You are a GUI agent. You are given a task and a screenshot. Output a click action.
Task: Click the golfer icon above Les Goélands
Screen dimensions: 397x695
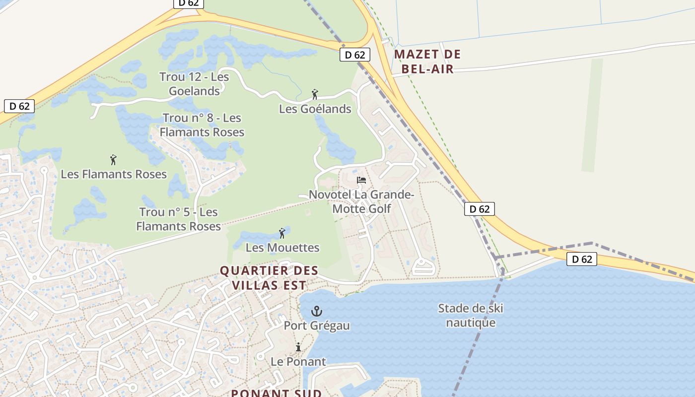click(314, 94)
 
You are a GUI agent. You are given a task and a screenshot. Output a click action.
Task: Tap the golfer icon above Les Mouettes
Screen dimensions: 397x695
click(282, 233)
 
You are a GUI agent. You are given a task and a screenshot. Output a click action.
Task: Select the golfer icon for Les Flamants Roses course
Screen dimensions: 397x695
click(113, 160)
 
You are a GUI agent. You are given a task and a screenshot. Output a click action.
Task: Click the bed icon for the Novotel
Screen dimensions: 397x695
click(361, 180)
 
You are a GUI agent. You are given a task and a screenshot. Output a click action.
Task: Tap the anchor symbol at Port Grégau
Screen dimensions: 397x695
click(316, 312)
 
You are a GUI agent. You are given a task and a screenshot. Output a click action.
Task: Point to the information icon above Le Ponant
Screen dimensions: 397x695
click(298, 347)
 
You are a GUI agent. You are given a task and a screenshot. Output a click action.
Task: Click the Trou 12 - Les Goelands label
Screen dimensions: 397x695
click(194, 84)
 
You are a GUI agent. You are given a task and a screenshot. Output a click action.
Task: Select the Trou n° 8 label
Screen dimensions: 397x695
click(202, 125)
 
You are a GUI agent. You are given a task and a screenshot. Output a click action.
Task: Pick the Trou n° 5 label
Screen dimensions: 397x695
click(178, 219)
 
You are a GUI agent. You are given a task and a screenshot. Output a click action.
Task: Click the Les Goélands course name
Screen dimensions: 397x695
click(315, 109)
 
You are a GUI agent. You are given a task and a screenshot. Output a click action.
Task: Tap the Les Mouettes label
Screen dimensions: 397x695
click(282, 247)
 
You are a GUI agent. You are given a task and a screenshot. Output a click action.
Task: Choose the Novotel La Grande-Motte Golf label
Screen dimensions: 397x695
click(361, 201)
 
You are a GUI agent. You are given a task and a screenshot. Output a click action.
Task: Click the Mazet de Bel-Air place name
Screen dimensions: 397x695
click(427, 62)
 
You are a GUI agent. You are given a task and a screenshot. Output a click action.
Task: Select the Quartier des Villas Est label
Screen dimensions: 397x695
click(269, 278)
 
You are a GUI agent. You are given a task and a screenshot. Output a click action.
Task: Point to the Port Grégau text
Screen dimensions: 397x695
click(317, 326)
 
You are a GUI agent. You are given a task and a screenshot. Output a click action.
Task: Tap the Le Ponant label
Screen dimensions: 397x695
click(298, 362)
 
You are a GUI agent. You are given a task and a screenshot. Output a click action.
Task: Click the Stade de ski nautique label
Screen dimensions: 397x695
click(471, 316)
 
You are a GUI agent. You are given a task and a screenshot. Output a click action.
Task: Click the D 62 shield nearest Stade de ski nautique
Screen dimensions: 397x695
click(581, 259)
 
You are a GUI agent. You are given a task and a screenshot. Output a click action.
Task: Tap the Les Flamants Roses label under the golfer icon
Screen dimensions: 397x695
click(114, 174)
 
